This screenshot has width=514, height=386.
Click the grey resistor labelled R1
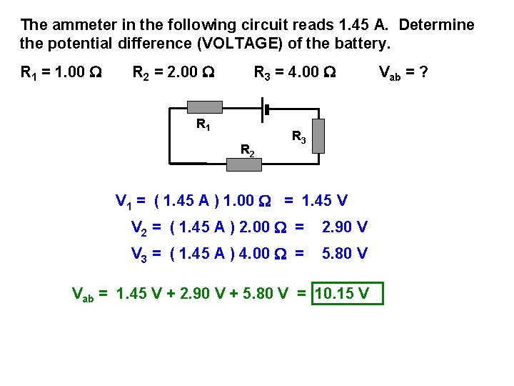[204, 107]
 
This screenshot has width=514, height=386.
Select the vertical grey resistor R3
[318, 137]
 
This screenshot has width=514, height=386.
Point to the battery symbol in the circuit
[266, 109]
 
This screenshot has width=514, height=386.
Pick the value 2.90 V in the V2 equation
[345, 228]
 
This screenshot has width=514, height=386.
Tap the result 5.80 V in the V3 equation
[345, 253]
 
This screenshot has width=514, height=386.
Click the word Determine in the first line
[436, 26]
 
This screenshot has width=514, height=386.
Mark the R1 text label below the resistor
[203, 125]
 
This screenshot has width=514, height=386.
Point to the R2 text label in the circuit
[247, 150]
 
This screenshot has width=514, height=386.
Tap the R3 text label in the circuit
[299, 137]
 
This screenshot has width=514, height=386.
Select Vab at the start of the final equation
[83, 293]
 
